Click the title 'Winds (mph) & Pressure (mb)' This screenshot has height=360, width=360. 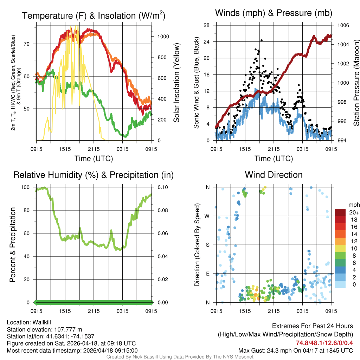pyautogui.click(x=274, y=13)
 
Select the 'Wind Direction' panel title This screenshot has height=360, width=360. pyautogui.click(x=274, y=175)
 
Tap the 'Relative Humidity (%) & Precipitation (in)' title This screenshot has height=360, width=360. pyautogui.click(x=93, y=175)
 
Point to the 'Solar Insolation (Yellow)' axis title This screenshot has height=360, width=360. pyautogui.click(x=176, y=83)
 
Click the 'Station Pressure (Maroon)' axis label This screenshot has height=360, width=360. pyautogui.click(x=356, y=83)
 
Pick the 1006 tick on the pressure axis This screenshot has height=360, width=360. pyautogui.click(x=342, y=25)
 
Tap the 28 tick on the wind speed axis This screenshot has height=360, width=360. pyautogui.click(x=207, y=25)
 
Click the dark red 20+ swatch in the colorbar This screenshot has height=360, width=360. pyautogui.click(x=340, y=212)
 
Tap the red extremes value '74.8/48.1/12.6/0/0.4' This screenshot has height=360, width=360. pyautogui.click(x=324, y=343)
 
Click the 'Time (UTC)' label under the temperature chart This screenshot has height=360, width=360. pyautogui.click(x=94, y=159)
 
